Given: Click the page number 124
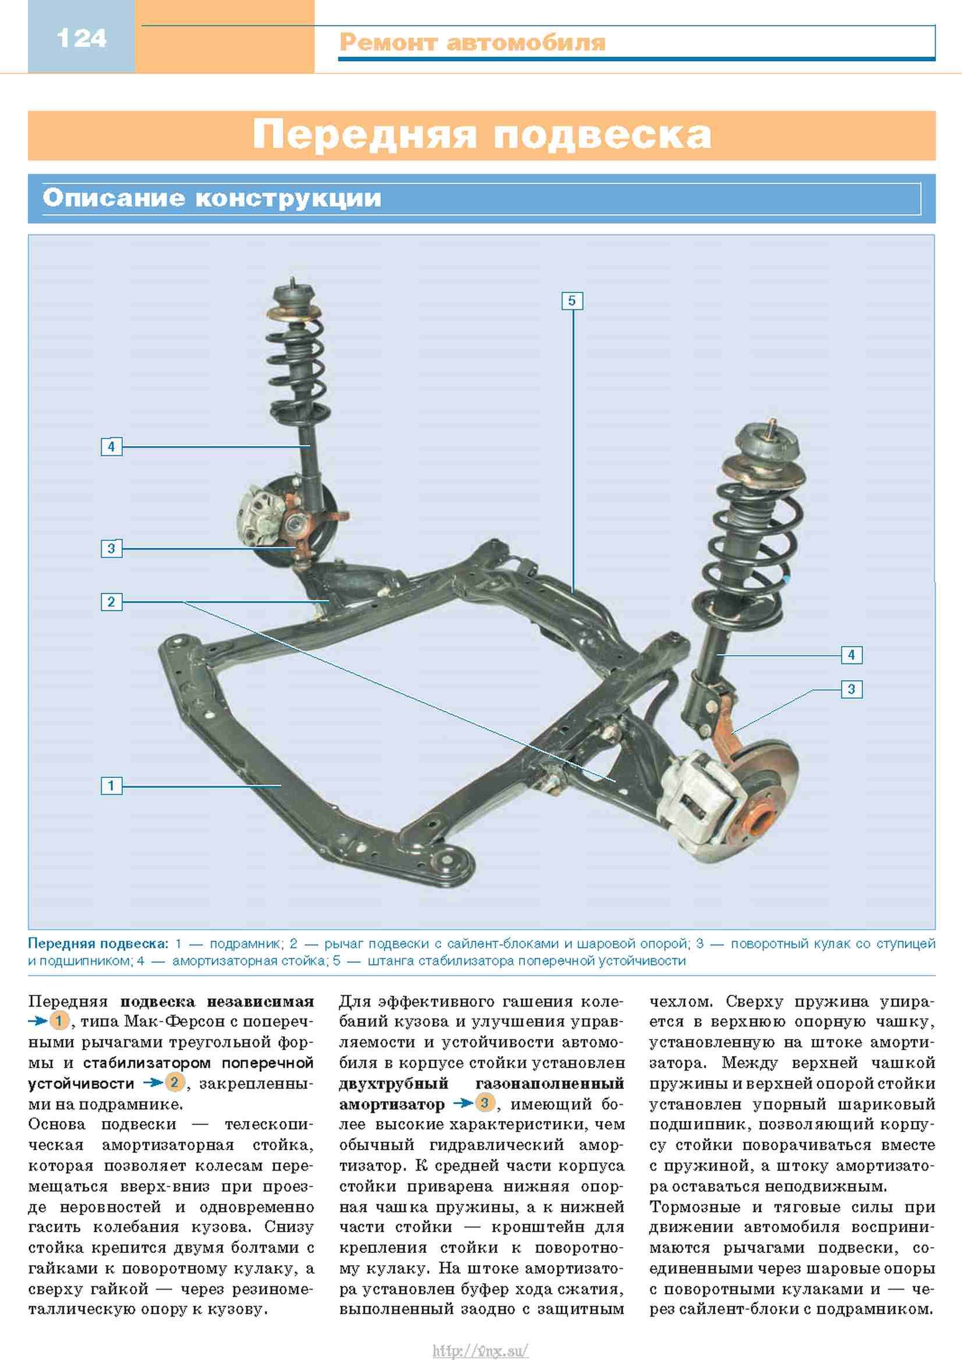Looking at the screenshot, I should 81,38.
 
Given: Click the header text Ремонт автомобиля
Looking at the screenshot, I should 473,42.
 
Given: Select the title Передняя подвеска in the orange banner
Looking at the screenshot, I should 481,135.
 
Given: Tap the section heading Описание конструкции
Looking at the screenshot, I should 212,198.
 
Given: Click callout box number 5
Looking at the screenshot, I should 572,301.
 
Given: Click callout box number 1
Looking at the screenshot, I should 111,786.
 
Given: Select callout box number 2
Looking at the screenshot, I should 111,602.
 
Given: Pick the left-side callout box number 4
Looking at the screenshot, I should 111,446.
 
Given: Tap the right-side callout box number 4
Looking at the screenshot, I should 851,655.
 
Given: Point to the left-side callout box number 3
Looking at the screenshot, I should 111,548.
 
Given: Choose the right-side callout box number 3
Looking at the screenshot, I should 851,689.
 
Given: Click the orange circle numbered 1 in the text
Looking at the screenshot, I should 59,1020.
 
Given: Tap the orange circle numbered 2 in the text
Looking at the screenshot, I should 174,1083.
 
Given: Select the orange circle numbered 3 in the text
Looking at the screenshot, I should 485,1103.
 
